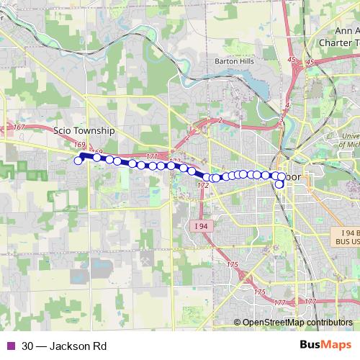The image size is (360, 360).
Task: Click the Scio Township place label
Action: point(84,131)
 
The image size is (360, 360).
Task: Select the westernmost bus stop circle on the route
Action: point(78,161)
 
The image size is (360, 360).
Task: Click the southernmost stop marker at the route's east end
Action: point(279,184)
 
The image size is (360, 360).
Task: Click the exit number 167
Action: point(19,127)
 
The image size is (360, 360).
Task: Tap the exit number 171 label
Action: point(151,156)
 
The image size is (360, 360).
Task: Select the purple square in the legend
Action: point(10,346)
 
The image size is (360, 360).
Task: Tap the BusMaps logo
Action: point(325,346)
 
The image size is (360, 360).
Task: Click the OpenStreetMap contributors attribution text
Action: point(297,323)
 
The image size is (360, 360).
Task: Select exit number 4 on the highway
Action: point(287,107)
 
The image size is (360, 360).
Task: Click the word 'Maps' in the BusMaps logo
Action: point(336,346)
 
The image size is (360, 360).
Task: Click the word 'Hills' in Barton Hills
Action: point(246,61)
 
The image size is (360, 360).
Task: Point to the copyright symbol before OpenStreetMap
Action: point(238,323)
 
